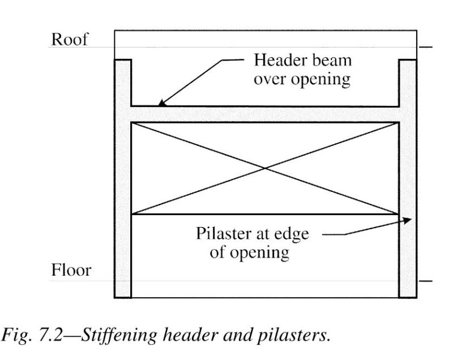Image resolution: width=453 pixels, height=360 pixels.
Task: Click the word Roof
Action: tap(70, 40)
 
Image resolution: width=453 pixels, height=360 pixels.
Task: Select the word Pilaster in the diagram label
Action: tap(223, 234)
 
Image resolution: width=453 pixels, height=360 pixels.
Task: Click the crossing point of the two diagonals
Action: tap(265, 168)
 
